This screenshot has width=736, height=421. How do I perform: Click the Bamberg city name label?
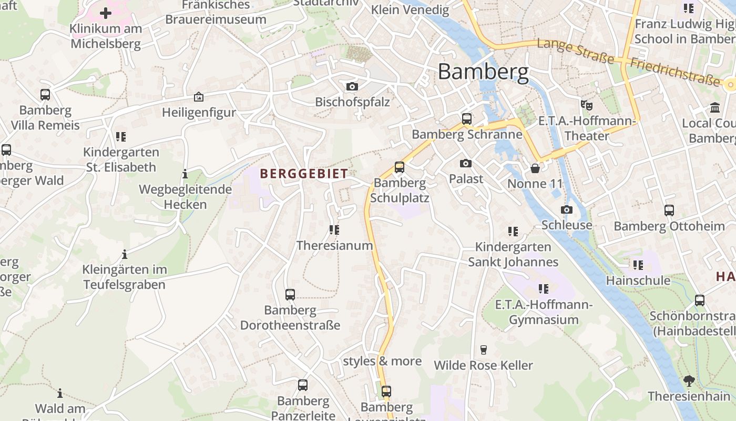(x=483, y=72)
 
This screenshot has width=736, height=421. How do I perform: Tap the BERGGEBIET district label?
(x=304, y=174)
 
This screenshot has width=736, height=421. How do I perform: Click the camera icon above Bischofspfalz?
(x=352, y=86)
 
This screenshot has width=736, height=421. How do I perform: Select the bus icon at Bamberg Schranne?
(x=467, y=119)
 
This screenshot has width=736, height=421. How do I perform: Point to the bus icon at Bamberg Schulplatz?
(x=400, y=167)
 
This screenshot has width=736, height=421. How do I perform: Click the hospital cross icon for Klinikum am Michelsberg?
(x=106, y=13)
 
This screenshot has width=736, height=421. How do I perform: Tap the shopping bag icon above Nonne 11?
(x=535, y=168)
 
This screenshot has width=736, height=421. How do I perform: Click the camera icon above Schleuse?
(x=566, y=209)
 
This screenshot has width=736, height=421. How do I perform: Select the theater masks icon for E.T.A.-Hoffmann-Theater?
(x=586, y=105)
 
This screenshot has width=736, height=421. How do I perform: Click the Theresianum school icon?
(x=334, y=230)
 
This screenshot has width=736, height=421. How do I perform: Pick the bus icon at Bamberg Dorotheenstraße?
(x=290, y=295)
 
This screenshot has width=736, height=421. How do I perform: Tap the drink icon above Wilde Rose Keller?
(x=484, y=349)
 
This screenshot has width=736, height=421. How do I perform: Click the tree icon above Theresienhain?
(x=689, y=380)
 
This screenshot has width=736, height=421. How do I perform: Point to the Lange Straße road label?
(x=575, y=51)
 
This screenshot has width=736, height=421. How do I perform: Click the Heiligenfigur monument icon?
(x=199, y=97)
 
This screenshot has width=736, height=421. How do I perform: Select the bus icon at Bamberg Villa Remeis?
(x=45, y=95)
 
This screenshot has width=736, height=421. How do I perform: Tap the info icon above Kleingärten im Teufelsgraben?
(x=125, y=255)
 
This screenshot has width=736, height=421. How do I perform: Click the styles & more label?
(x=382, y=361)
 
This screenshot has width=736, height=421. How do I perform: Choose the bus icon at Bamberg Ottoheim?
(x=669, y=210)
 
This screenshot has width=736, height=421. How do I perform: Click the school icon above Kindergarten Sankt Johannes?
(x=513, y=231)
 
